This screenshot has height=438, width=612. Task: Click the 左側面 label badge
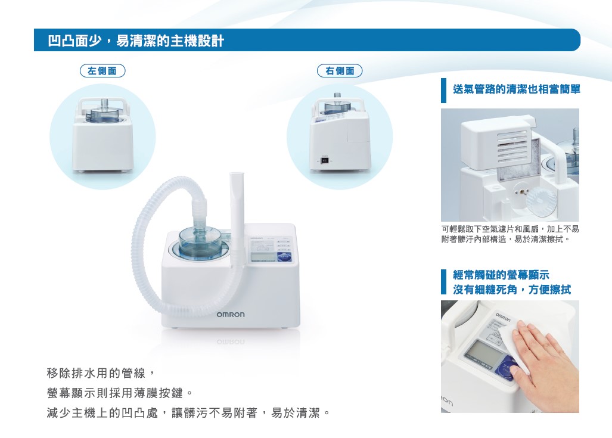pos(102,71)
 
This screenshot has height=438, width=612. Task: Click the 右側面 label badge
pos(340,71)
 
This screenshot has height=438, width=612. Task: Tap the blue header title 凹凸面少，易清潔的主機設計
pos(136,41)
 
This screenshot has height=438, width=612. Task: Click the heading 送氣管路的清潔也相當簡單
pos(517,89)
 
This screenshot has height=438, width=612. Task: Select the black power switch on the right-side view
pos(324,160)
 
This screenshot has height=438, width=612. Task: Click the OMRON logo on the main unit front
pos(231,315)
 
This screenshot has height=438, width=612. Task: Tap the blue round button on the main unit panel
pos(284,257)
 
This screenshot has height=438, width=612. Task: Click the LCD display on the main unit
pos(263,256)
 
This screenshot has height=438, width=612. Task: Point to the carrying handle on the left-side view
pos(102,103)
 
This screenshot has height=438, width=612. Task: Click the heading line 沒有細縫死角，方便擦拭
pos(512,289)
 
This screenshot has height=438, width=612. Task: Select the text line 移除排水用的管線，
pos(101,373)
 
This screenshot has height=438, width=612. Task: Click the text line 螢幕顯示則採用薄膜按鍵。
pos(120,393)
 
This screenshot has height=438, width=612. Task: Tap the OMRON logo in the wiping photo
pos(503,317)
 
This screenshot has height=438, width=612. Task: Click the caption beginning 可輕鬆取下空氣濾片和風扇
pos(510,234)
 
